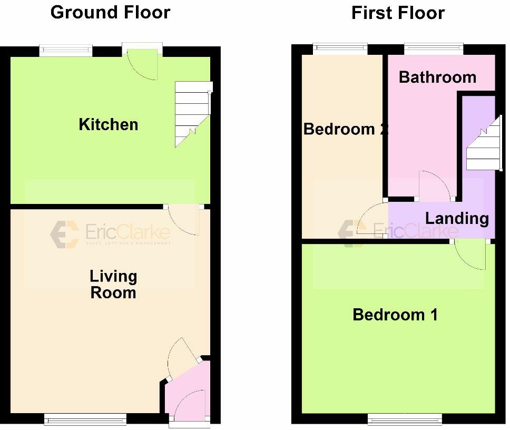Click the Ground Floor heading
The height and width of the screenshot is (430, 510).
[x=110, y=12]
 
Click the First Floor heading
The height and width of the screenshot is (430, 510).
[x=398, y=13]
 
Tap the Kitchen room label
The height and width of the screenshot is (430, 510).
[x=109, y=124]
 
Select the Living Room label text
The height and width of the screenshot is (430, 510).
[x=113, y=284]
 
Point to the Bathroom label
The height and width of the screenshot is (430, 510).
[x=437, y=77]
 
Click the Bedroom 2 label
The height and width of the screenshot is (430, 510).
[x=345, y=129]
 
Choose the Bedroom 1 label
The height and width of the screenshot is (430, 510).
[x=395, y=315]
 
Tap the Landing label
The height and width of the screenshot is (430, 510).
[x=457, y=218]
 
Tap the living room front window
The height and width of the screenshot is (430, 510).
[x=85, y=419]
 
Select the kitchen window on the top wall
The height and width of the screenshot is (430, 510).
[x=66, y=51]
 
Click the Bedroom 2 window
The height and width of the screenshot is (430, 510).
[x=340, y=49]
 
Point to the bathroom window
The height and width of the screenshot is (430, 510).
[x=434, y=49]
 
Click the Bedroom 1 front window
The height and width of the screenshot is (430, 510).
[x=405, y=419]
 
